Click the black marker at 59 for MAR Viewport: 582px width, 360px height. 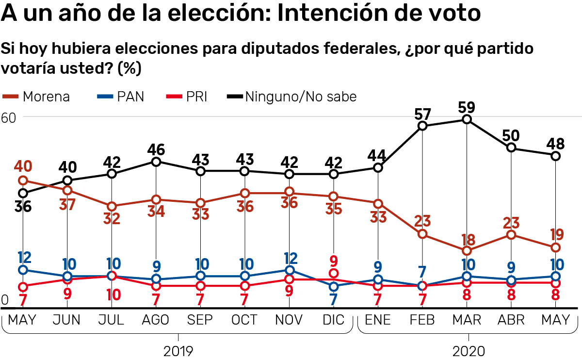pos(467,119)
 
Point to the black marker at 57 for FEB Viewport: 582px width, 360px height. pos(422,126)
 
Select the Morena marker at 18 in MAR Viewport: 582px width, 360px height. pos(467,251)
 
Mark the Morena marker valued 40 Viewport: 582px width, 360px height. pos(23,181)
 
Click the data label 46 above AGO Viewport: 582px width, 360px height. pos(156,148)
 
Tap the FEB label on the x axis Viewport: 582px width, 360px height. pos(422,320)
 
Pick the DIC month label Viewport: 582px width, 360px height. pos(333,320)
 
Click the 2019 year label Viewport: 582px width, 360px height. pos(178,350)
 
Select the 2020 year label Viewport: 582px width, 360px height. pos(468,350)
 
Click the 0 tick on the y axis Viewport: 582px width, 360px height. pos(5,300)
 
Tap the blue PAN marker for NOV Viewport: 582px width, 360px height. pos(289,270)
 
